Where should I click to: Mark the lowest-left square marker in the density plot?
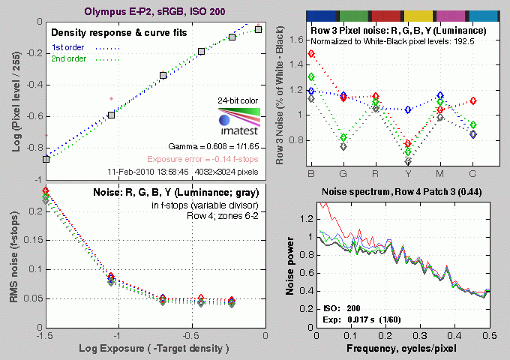(x=46, y=159)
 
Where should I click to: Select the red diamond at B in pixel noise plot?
(x=311, y=54)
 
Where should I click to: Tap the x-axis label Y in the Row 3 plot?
(x=408, y=174)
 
